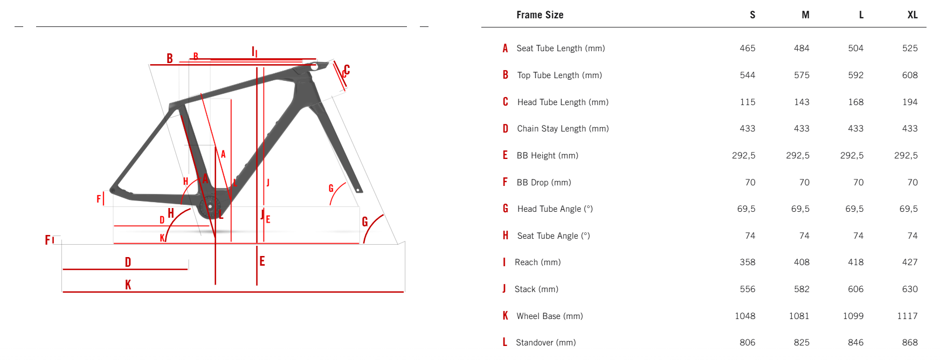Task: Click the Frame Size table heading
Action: pyautogui.click(x=540, y=15)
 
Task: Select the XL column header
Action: pyautogui.click(x=912, y=15)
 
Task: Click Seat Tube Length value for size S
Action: pyautogui.click(x=747, y=48)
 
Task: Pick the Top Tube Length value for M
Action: pyautogui.click(x=801, y=75)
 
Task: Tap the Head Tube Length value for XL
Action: pyautogui.click(x=910, y=102)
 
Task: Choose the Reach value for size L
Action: pyautogui.click(x=855, y=262)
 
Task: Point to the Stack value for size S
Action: pyautogui.click(x=747, y=289)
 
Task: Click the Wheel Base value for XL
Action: pyautogui.click(x=907, y=316)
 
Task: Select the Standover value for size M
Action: pyautogui.click(x=801, y=342)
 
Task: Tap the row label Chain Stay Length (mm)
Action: pyautogui.click(x=563, y=128)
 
